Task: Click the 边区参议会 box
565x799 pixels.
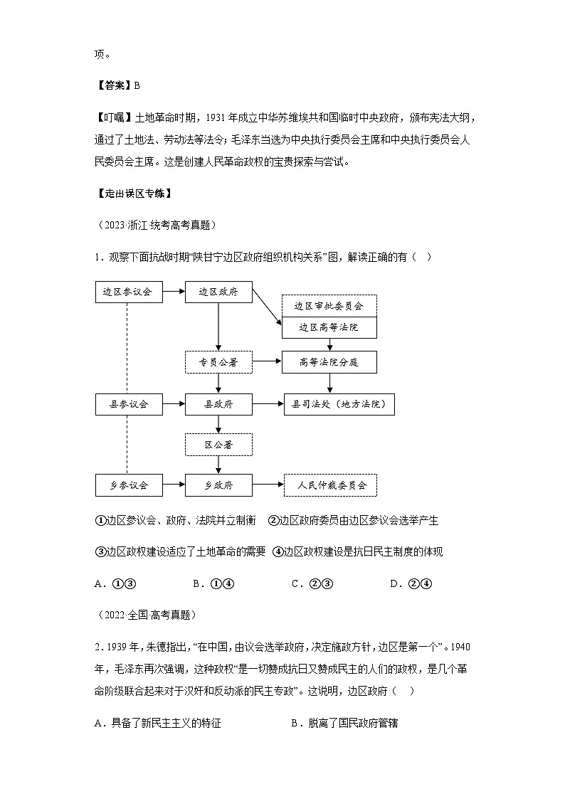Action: pos(128,292)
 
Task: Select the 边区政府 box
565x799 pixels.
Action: pos(218,292)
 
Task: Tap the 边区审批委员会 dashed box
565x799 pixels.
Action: pos(329,306)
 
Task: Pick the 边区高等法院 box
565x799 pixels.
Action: pos(329,327)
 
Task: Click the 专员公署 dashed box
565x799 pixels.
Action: pos(218,362)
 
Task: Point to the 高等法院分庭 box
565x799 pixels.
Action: pos(329,362)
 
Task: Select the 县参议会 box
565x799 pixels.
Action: pos(128,404)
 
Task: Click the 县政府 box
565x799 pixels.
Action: pos(218,404)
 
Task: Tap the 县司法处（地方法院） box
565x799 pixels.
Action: pos(339,404)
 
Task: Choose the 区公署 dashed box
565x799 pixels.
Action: pos(218,445)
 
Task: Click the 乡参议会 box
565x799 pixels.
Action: pos(128,485)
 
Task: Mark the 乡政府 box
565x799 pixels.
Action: pos(218,485)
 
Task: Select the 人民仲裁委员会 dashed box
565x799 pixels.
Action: pos(330,485)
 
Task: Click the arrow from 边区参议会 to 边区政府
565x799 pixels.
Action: pos(174,292)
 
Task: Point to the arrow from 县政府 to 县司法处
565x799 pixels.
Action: pos(268,404)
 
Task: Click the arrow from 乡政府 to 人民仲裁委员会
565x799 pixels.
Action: pos(268,485)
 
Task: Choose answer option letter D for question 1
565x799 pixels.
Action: pos(395,584)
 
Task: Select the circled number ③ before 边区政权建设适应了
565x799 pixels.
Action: pos(100,552)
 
